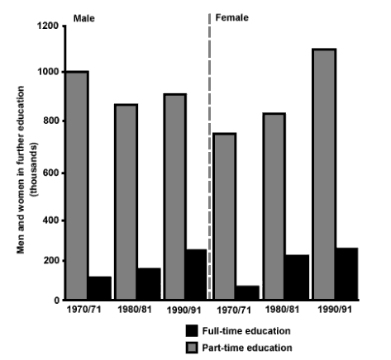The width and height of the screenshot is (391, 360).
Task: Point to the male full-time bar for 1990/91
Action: (x=197, y=274)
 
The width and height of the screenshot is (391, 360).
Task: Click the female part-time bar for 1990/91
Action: (x=325, y=173)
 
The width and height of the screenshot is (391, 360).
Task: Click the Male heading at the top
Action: (x=83, y=16)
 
